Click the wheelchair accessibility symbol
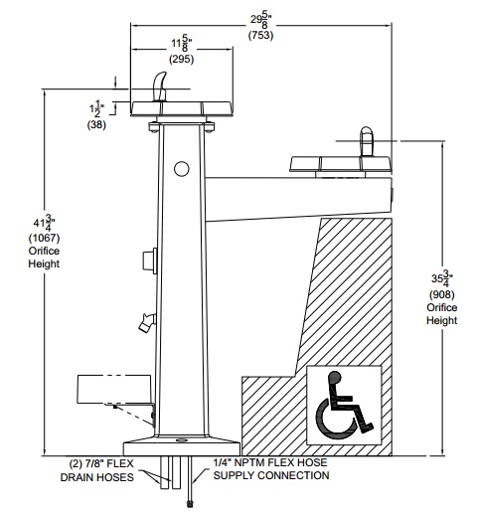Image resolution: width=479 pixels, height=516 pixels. coord(345,405)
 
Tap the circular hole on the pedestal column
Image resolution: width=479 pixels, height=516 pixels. coord(182,169)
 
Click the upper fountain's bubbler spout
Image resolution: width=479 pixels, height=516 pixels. coord(159,86)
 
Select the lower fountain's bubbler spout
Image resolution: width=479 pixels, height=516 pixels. coord(367,141)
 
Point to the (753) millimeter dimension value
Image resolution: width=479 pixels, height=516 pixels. coord(260,35)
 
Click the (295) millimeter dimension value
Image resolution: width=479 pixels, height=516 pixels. coord(182,59)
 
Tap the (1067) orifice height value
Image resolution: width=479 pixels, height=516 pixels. coord(44,238)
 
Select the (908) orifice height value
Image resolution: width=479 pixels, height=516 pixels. coord(442,294)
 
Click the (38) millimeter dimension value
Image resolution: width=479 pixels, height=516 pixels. coord(96,124)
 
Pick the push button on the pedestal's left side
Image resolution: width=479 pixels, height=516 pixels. coord(150,260)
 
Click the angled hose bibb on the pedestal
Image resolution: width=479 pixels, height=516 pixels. coord(147,322)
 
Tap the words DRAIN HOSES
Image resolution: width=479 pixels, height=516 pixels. coord(97,477)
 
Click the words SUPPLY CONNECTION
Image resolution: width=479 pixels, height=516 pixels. coord(271,475)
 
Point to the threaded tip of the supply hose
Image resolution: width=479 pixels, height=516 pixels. coord(190,504)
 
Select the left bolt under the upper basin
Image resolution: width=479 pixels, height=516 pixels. coord(154,127)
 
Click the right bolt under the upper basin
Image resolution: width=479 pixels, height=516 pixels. coord(209,127)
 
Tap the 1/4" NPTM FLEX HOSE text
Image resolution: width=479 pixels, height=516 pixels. coord(270,462)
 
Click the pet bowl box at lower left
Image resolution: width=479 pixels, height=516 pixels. coord(114,389)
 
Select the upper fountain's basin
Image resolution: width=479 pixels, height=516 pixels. coord(182,108)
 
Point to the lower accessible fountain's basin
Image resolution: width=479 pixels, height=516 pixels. coord(341,164)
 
